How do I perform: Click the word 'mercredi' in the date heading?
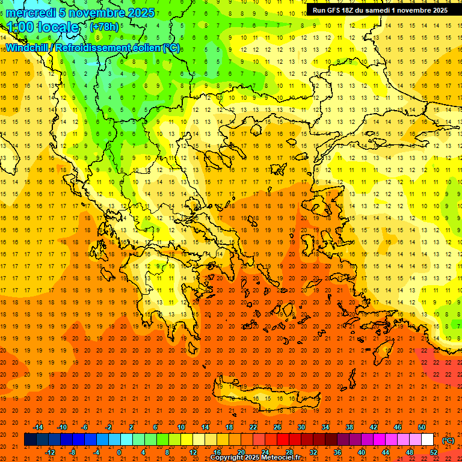(29, 13)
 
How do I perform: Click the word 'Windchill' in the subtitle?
(28, 48)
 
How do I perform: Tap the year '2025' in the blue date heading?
(140, 13)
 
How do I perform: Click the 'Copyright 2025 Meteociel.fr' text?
(255, 458)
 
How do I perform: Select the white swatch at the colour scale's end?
(427, 440)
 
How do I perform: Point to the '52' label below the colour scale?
(433, 452)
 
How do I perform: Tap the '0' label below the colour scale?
(119, 452)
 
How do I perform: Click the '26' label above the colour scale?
(277, 427)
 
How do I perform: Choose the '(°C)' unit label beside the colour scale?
(448, 440)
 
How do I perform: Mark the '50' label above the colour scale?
(421, 427)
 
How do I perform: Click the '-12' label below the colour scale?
(51, 452)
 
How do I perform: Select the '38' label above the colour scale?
(349, 427)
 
